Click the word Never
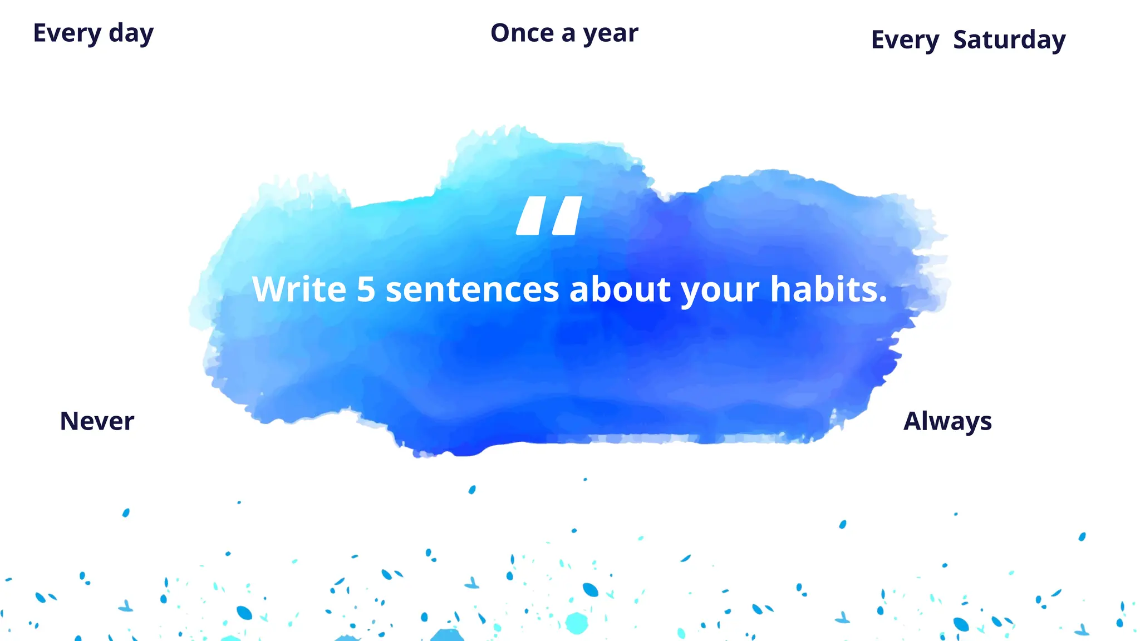97,421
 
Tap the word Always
947,421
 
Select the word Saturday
1009,40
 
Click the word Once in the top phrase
522,33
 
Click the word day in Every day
131,33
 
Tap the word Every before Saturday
905,40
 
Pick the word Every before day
67,33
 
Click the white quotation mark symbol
549,215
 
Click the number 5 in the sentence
366,289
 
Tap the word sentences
472,290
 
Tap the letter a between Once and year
568,34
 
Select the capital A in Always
913,421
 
